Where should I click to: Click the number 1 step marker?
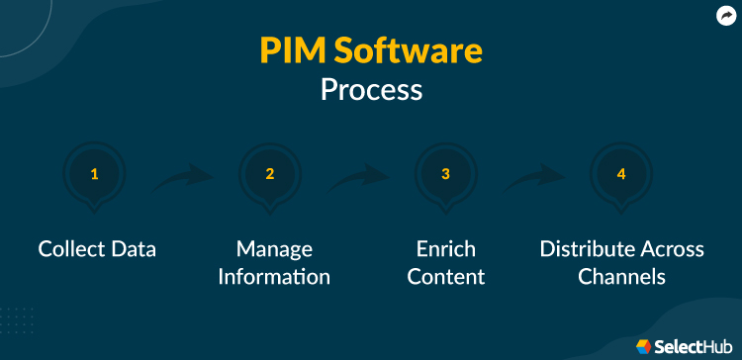[95, 175]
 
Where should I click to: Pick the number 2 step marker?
[270, 175]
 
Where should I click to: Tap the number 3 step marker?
[446, 175]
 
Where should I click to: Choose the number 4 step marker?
[621, 175]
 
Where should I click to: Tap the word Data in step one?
[134, 248]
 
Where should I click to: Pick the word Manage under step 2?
[274, 248]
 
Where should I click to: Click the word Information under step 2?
[274, 276]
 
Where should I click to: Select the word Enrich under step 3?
[446, 248]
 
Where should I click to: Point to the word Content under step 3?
[446, 276]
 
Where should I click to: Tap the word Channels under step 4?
[621, 276]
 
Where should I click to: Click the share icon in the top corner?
[725, 15]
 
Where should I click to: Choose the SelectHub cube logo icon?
[644, 343]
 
